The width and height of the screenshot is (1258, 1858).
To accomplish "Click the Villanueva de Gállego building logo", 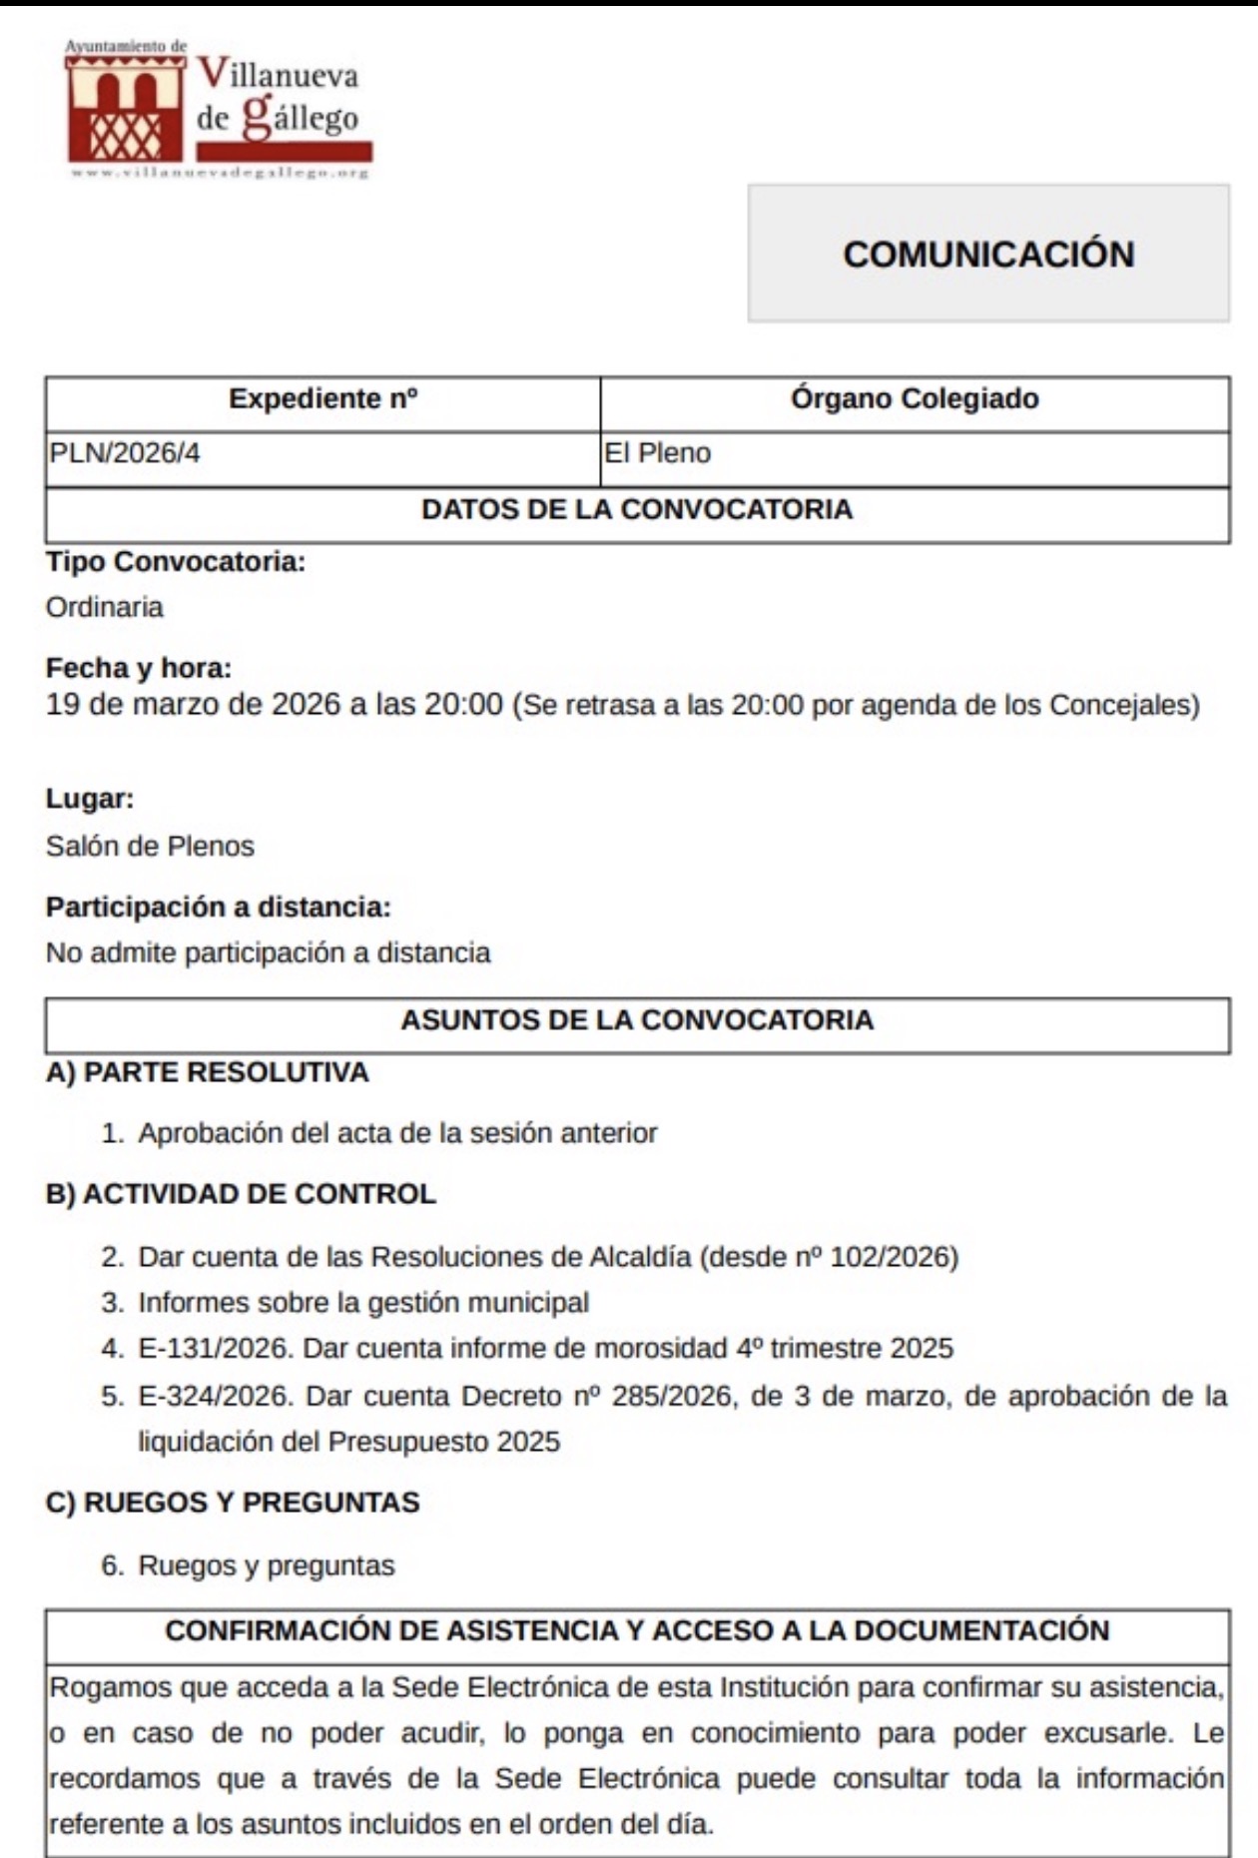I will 125,108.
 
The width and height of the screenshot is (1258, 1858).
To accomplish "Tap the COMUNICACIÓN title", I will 988,254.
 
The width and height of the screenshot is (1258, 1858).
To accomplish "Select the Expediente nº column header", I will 322,399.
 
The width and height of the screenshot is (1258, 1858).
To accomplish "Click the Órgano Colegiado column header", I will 915,399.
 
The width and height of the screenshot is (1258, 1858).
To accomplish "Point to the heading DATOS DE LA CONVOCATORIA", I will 637,509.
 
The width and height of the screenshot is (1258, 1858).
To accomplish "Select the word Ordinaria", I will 105,607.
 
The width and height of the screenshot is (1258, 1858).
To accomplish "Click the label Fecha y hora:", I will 139,667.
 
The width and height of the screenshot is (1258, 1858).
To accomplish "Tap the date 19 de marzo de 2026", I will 193,705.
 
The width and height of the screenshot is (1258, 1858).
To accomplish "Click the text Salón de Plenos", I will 150,846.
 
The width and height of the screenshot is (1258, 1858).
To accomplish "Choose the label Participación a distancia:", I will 219,907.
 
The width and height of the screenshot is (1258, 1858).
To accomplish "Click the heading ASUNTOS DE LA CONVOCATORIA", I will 637,1019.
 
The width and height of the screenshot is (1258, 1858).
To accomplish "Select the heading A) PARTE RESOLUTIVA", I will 208,1072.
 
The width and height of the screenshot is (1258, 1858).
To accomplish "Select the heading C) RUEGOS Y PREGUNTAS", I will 233,1503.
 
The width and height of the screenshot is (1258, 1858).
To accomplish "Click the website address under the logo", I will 220,173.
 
